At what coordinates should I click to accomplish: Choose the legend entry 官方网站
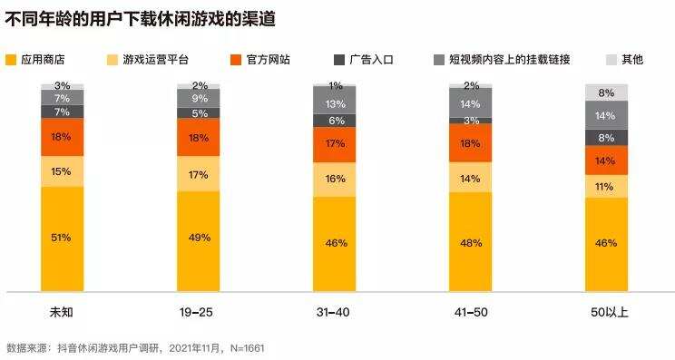coord(271,61)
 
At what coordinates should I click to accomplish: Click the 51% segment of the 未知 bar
coord(62,238)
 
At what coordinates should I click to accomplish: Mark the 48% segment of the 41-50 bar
coord(471,242)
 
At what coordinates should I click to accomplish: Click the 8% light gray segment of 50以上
coord(607,92)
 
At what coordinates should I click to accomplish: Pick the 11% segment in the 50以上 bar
coord(607,186)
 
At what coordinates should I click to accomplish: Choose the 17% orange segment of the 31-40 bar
coord(335,144)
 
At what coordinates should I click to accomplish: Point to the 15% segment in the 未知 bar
coord(62,171)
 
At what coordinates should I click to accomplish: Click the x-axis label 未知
coord(62,313)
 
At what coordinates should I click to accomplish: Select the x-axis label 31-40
coord(335,313)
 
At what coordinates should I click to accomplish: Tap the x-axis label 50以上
coord(607,313)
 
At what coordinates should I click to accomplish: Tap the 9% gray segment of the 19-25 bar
coord(199,98)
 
